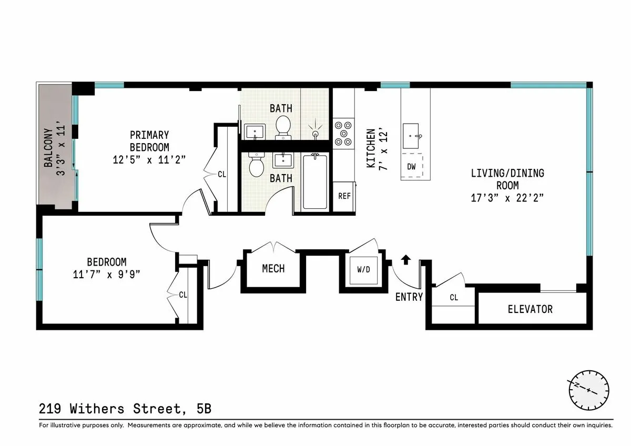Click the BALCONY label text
(x=48, y=148)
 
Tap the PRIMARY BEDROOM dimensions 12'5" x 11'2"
(x=149, y=160)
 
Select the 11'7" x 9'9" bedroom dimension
(x=107, y=274)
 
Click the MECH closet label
(x=273, y=269)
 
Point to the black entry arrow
(x=406, y=259)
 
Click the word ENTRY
(x=409, y=297)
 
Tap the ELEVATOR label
(x=530, y=309)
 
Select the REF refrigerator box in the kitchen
(x=344, y=196)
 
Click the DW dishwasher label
(x=412, y=167)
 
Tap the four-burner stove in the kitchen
(x=344, y=134)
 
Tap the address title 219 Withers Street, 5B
(x=125, y=409)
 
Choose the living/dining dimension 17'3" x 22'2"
(x=507, y=198)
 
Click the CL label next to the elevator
(x=453, y=298)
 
